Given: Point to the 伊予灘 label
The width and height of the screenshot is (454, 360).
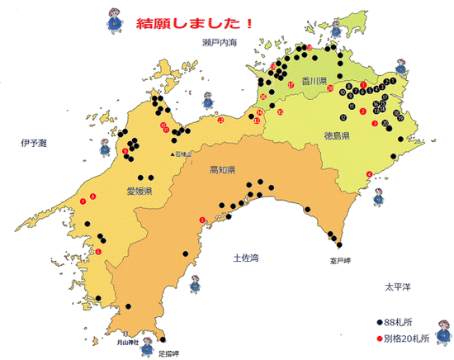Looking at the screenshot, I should click(35, 143).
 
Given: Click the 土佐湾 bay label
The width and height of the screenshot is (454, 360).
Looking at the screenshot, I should click(247, 258).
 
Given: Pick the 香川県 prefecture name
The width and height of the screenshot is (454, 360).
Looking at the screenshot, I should click(314, 82).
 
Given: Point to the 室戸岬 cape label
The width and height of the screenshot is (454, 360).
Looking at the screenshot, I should click(341, 258).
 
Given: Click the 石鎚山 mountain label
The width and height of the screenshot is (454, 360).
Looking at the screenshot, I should click(182, 154).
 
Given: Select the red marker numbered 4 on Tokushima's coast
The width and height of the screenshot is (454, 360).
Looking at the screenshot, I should click(369, 173).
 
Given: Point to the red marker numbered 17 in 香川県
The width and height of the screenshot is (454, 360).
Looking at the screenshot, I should click(291, 85).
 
